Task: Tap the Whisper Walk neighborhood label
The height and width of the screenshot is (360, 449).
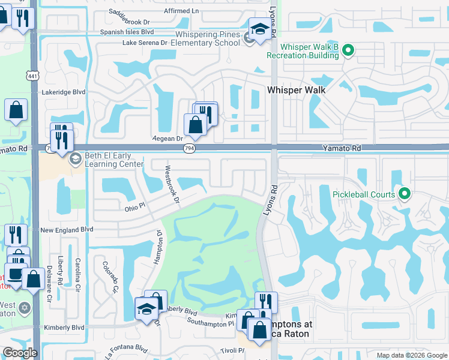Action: click(296, 89)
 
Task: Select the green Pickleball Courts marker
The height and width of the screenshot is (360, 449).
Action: click(404, 194)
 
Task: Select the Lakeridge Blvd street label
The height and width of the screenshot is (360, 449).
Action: click(64, 92)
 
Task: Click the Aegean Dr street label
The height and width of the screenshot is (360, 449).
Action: click(162, 139)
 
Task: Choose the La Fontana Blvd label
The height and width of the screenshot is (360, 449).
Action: click(125, 348)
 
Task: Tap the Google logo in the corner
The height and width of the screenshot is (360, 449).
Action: click(19, 353)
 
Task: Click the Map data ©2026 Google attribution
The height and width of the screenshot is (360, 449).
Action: click(411, 355)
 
